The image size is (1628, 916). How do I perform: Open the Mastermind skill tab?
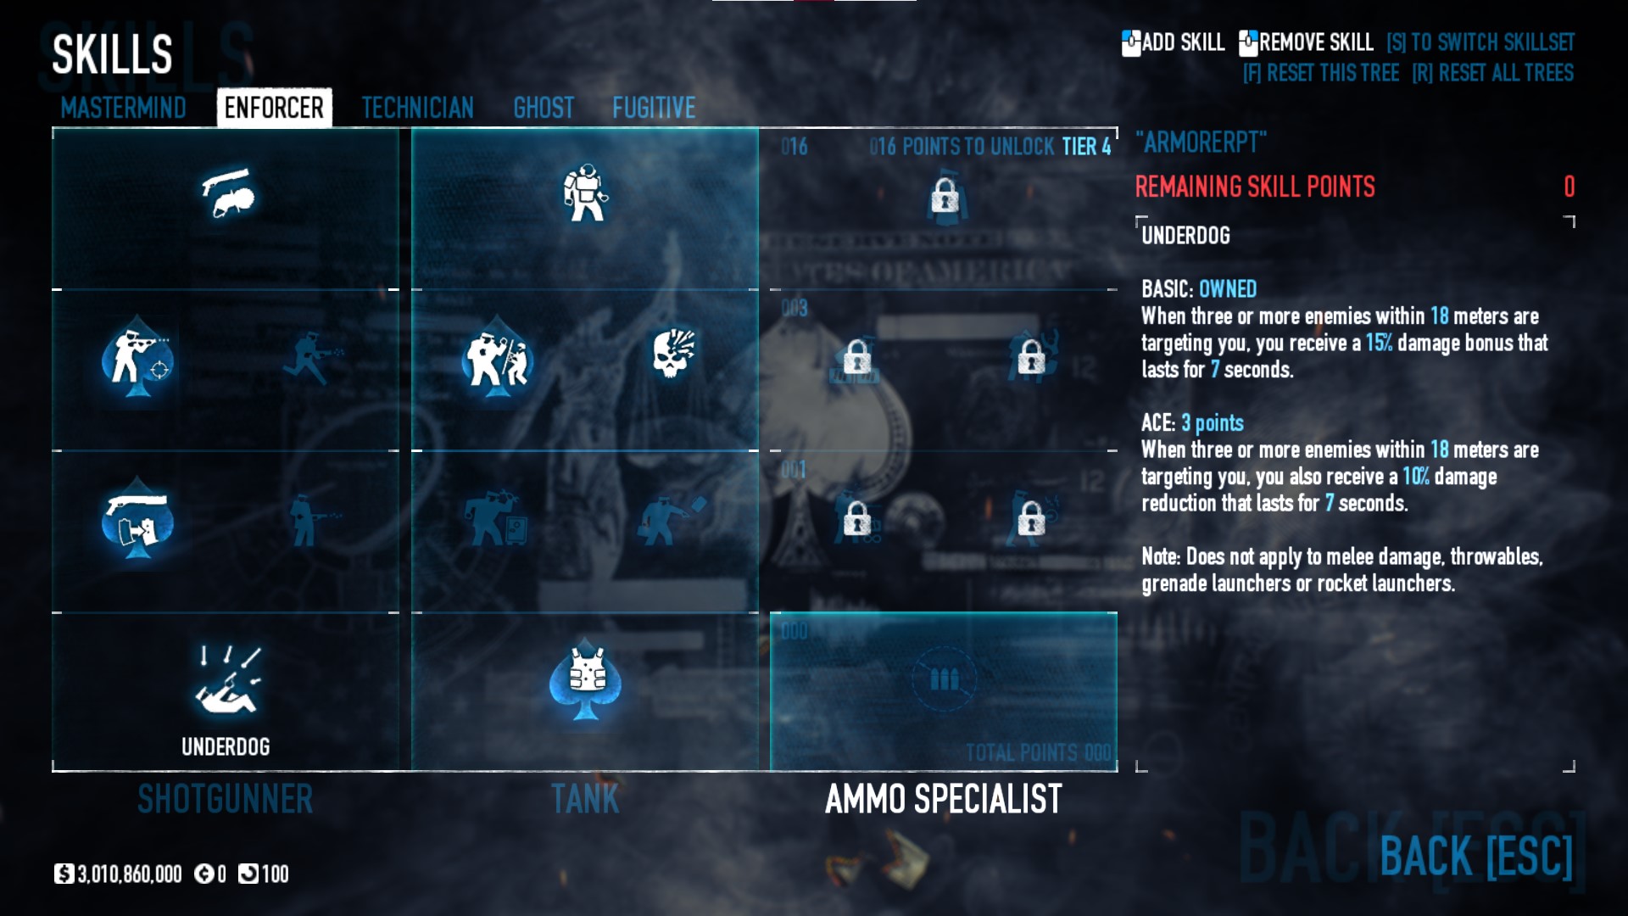pyautogui.click(x=123, y=108)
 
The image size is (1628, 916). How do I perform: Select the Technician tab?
pyautogui.click(x=417, y=108)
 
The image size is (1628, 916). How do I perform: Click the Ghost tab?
pyautogui.click(x=544, y=108)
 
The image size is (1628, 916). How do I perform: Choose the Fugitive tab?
pyautogui.click(x=654, y=108)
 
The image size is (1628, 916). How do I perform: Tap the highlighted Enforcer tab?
pyautogui.click(x=274, y=108)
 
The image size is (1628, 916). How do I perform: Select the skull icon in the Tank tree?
pyautogui.click(x=673, y=353)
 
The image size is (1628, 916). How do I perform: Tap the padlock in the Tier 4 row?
pyautogui.click(x=944, y=198)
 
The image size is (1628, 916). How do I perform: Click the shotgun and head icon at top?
pyautogui.click(x=227, y=193)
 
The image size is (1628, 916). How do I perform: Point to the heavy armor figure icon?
pyautogui.click(x=585, y=193)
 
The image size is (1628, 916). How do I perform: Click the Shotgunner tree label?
pyautogui.click(x=225, y=799)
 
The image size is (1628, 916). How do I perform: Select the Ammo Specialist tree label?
pyautogui.click(x=943, y=799)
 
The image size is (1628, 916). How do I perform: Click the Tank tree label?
pyautogui.click(x=585, y=799)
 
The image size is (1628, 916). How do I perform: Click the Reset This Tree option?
pyautogui.click(x=1320, y=73)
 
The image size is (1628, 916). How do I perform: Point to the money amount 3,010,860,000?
pyautogui.click(x=129, y=874)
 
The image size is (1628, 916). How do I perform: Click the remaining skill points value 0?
pyautogui.click(x=1569, y=187)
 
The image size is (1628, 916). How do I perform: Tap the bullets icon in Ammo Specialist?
pyautogui.click(x=944, y=679)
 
